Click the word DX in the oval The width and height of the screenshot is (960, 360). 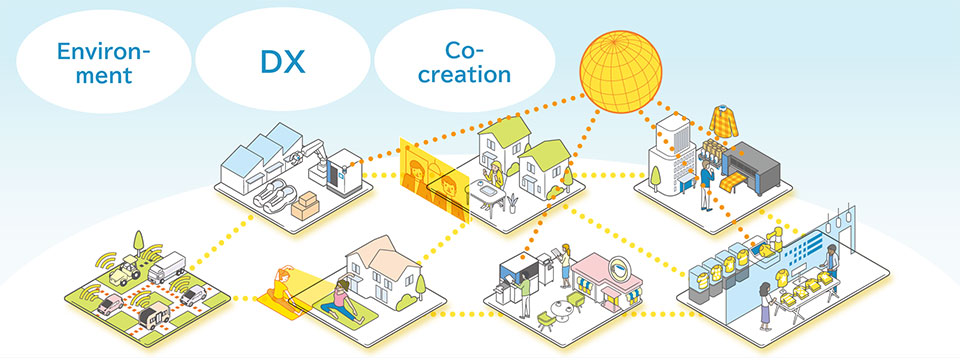click(282, 61)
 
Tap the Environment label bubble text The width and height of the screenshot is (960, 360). click(103, 62)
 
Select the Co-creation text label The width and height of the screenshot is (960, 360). click(464, 62)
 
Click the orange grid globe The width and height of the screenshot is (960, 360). click(621, 72)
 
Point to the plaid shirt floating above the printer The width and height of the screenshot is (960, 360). click(724, 122)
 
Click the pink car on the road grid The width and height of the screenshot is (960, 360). click(110, 304)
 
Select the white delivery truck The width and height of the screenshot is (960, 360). click(166, 268)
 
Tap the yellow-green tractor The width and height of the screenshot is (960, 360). click(126, 271)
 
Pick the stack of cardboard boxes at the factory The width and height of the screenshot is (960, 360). click(305, 206)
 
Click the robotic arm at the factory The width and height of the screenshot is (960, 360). click(311, 156)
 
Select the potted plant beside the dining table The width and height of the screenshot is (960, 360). click(512, 203)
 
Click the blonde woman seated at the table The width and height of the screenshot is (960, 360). click(493, 177)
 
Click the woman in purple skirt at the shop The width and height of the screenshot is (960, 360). click(765, 306)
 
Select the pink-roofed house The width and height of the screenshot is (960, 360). click(381, 272)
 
